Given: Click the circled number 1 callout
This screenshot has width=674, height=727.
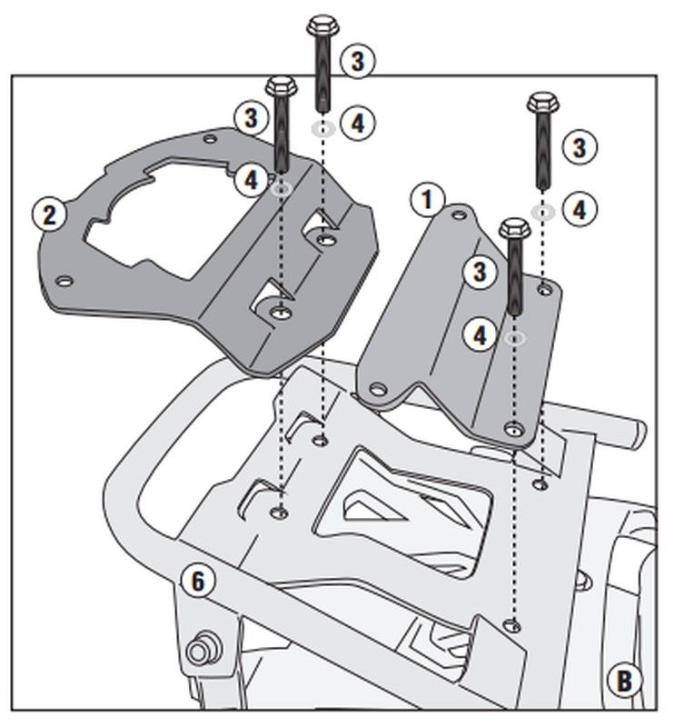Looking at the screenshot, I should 427,198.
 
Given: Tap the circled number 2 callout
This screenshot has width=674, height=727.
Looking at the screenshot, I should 49,214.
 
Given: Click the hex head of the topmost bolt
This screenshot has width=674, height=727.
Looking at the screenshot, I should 322,25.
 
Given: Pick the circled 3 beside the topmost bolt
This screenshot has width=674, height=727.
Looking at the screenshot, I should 357,61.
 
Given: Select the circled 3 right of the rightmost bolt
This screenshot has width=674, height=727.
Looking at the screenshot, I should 578,145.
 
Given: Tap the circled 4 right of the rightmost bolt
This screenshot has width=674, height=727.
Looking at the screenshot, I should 578,209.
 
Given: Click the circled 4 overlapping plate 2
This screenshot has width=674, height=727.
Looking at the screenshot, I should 253,179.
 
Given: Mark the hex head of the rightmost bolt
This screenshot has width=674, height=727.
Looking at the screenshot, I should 543,102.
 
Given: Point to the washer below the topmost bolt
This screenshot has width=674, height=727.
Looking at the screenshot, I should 322,127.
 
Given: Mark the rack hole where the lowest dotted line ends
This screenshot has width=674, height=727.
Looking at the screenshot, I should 515,623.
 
